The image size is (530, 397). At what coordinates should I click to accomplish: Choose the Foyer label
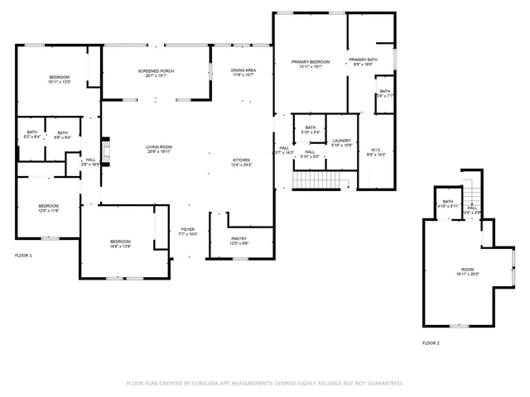(x=188, y=232)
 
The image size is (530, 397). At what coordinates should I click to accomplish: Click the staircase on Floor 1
(x=319, y=180)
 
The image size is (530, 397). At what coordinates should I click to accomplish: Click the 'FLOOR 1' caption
(x=24, y=256)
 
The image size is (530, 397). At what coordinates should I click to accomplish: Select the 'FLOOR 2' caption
(x=431, y=342)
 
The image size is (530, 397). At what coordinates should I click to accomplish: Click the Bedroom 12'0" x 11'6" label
(x=48, y=208)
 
